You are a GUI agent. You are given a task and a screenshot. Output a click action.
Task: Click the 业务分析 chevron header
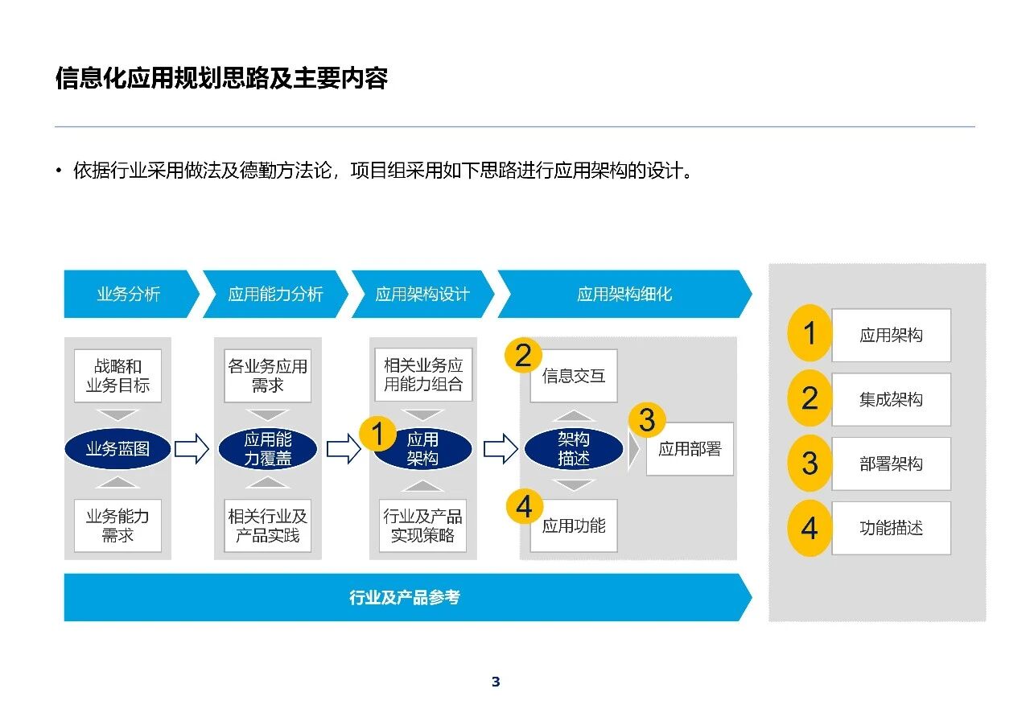[x=129, y=294]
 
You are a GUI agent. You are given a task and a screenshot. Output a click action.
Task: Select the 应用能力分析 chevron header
[x=275, y=294]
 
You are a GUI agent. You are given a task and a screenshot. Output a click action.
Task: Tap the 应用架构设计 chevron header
[x=422, y=294]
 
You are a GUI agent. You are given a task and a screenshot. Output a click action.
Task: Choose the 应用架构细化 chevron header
[x=624, y=294]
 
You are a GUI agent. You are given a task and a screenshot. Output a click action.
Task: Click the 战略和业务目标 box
[x=117, y=376]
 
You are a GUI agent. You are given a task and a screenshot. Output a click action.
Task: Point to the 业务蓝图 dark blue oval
[x=117, y=449]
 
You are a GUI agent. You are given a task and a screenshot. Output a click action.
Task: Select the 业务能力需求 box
[x=117, y=525]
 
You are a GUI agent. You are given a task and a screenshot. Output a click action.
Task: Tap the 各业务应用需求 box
[x=268, y=376]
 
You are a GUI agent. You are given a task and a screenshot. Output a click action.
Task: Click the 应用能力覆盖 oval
[x=268, y=449]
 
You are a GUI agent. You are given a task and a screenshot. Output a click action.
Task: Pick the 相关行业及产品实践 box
[x=268, y=525]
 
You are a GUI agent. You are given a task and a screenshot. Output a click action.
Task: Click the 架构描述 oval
[x=574, y=449]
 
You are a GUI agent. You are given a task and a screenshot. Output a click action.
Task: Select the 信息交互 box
[x=574, y=376]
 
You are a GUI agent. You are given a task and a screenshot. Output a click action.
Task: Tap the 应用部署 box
[x=690, y=449]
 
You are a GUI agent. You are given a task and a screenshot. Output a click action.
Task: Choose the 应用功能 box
[x=574, y=525]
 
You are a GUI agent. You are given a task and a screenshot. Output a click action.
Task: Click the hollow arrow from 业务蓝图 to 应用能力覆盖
[x=192, y=449]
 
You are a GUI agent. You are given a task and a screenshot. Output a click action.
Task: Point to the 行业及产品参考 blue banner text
[x=405, y=597]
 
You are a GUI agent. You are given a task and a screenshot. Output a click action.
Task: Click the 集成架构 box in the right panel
[x=891, y=399]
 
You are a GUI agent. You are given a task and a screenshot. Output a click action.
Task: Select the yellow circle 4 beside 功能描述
[x=810, y=529]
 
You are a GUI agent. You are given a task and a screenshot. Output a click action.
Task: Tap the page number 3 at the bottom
[x=496, y=682]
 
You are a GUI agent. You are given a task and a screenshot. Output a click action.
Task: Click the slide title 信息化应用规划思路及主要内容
[x=222, y=78]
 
